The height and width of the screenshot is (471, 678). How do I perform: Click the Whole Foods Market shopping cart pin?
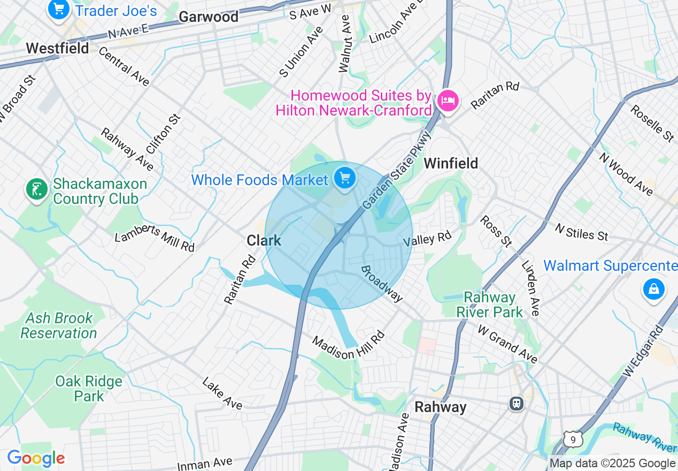tap(345, 178)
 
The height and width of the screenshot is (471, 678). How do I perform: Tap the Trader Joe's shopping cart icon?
tap(59, 9)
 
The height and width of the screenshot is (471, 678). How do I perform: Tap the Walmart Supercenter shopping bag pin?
tap(653, 290)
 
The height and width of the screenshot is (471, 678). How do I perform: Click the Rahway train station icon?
tap(516, 403)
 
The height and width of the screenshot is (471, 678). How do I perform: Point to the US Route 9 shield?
tap(573, 440)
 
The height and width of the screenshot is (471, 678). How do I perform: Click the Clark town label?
tap(264, 241)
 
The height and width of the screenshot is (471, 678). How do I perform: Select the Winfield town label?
tap(451, 163)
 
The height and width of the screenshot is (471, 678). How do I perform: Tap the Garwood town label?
tap(209, 17)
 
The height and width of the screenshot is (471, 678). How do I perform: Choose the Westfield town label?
tap(57, 49)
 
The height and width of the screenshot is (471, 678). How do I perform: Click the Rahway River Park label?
tap(490, 305)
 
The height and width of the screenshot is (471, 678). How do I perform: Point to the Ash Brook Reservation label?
tap(58, 325)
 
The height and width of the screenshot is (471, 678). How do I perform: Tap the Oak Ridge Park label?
tap(89, 389)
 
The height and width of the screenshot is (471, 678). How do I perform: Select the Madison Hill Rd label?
tap(348, 346)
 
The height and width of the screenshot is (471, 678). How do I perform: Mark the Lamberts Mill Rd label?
tap(155, 239)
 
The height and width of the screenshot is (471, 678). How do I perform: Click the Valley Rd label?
tap(427, 238)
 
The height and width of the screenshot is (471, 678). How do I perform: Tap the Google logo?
tap(35, 459)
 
